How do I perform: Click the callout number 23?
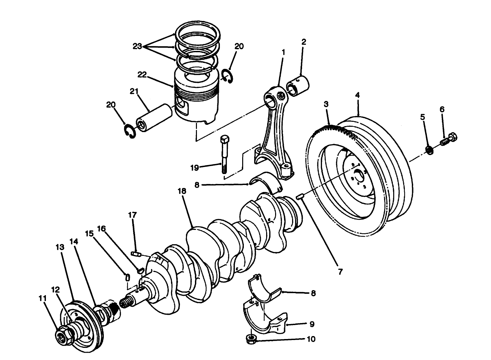[x=137, y=46]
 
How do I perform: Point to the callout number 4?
[x=357, y=95]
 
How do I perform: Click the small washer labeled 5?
[x=429, y=150]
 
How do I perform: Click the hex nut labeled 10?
[x=251, y=340]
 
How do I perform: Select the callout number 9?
[x=312, y=324]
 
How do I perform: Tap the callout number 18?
[x=182, y=191]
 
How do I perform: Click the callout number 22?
[x=142, y=75]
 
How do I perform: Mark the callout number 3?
[x=326, y=104]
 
